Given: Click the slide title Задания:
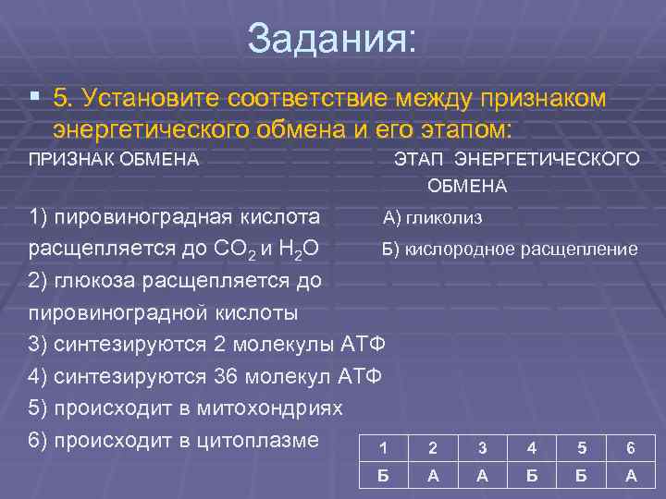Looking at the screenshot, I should click(332, 38).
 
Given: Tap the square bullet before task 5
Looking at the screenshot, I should click(34, 97).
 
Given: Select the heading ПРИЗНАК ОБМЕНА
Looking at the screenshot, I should click(114, 158).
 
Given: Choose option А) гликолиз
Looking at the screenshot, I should click(432, 219).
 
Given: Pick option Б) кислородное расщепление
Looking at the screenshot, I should click(510, 249).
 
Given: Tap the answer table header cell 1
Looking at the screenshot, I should click(383, 448).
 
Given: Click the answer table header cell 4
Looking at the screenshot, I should click(531, 448).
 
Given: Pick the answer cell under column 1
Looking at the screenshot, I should click(383, 477).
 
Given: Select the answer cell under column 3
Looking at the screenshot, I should click(482, 477).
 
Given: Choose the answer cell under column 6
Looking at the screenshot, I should click(630, 477).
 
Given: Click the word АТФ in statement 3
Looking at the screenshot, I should click(363, 345).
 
